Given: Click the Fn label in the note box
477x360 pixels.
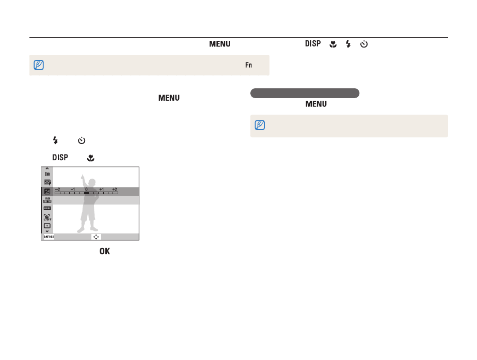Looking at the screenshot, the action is [x=248, y=65].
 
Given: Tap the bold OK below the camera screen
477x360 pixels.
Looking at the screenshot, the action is [x=105, y=251].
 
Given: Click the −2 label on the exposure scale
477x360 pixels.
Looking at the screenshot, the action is [x=57, y=189].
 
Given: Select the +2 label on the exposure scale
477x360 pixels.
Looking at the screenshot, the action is [x=115, y=189].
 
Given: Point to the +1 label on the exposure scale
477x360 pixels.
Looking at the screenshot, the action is [x=101, y=189].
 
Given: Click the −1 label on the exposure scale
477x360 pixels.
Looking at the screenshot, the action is [x=72, y=189].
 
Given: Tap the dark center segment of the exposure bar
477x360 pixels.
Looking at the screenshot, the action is [x=86, y=193].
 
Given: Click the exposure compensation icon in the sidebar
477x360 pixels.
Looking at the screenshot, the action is [x=47, y=192].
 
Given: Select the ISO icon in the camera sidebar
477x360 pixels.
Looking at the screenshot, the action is [x=47, y=200].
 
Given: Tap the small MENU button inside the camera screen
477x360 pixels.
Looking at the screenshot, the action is [x=49, y=237].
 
